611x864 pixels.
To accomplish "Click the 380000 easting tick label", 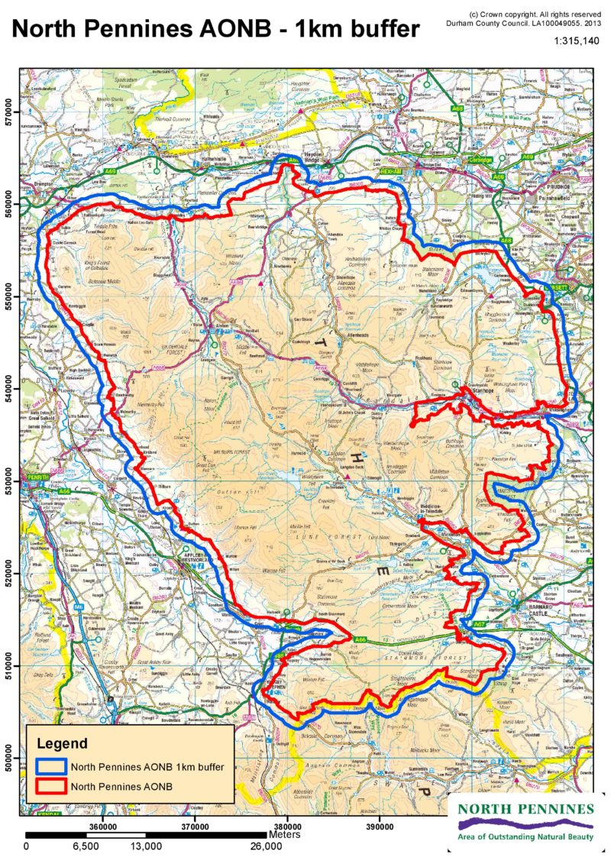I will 288,825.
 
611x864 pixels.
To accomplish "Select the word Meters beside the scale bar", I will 285,835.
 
